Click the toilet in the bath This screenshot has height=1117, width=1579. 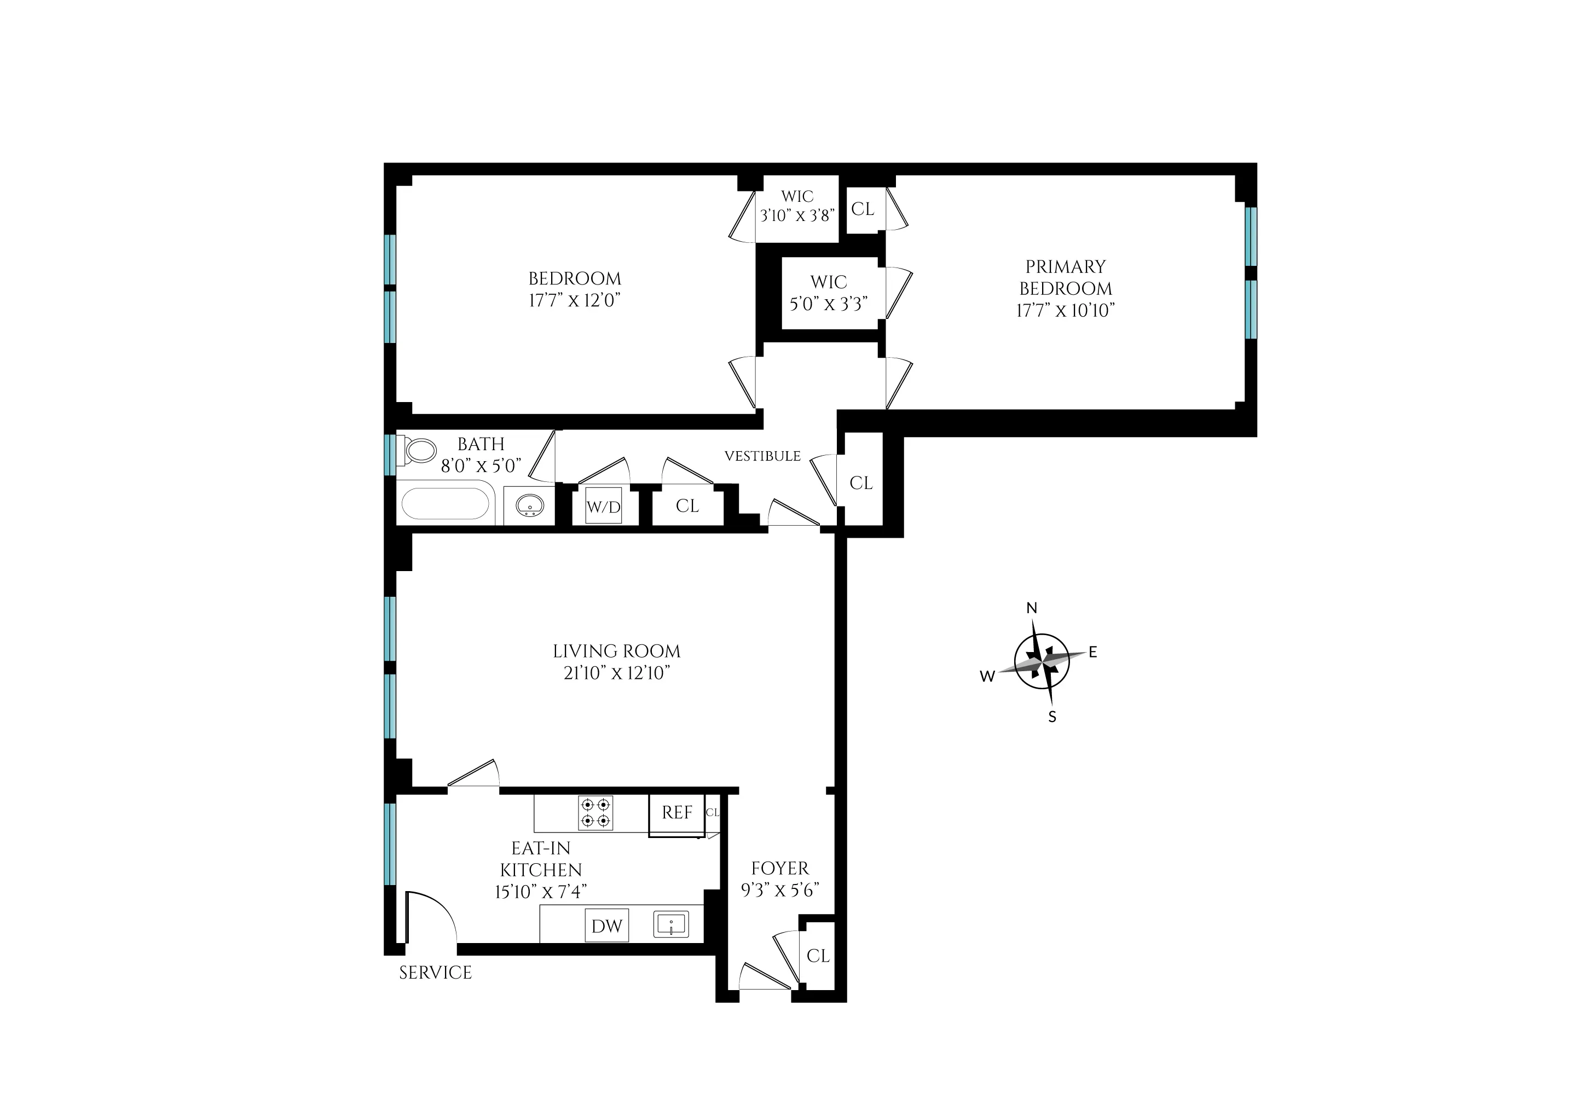(x=418, y=451)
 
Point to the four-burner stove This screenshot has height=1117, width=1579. (x=595, y=812)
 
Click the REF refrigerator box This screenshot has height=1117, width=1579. (x=676, y=813)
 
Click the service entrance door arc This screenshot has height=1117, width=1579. (x=432, y=915)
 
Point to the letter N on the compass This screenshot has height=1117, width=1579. (x=1031, y=608)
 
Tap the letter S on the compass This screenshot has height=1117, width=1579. (x=1052, y=717)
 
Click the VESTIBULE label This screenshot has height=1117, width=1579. (x=762, y=456)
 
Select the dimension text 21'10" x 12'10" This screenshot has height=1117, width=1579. (x=616, y=673)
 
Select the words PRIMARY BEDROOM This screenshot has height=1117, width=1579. (x=1065, y=277)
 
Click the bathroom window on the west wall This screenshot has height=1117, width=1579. (x=390, y=455)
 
